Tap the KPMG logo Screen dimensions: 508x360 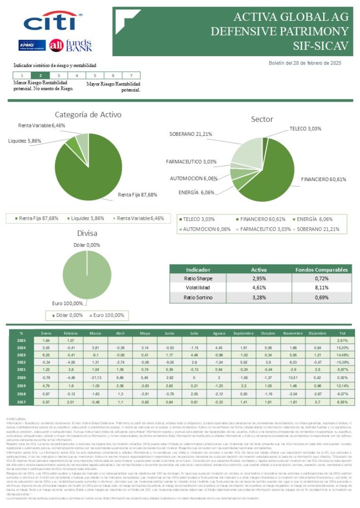[33, 45]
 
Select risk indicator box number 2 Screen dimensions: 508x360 [40, 75]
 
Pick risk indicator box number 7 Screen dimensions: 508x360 [131, 75]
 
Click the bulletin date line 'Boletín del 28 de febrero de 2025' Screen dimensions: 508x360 [305, 63]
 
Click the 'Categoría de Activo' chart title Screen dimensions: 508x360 [88, 115]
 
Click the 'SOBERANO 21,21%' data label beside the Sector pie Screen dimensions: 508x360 [191, 134]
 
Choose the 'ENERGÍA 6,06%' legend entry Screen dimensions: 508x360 [312, 219]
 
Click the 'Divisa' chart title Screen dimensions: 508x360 [87, 233]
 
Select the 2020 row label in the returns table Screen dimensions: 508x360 [21, 378]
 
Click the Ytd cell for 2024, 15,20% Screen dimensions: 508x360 [342, 348]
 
